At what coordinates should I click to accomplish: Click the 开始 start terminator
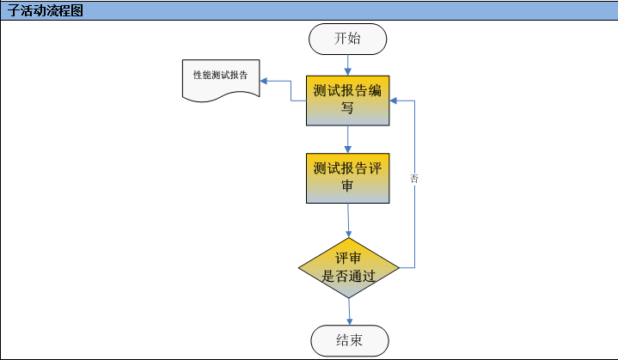click(x=348, y=39)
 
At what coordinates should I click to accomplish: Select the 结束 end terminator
click(x=349, y=341)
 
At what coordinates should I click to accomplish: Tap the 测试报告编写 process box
click(x=348, y=101)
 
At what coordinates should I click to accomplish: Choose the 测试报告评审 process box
click(x=348, y=178)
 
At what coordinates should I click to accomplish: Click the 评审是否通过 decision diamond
click(x=349, y=268)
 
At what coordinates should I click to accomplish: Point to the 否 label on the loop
click(x=414, y=179)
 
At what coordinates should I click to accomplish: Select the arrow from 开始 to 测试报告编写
click(x=348, y=64)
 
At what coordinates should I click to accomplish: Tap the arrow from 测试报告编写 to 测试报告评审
click(x=348, y=139)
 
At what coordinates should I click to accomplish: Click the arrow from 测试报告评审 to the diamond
click(x=348, y=221)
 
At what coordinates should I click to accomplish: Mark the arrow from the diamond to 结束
click(x=349, y=311)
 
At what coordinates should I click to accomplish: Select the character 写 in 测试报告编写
click(x=348, y=109)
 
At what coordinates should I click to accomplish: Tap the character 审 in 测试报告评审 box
click(x=348, y=186)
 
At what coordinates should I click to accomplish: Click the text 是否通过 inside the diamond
click(x=349, y=277)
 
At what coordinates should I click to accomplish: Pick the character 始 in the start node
click(x=357, y=39)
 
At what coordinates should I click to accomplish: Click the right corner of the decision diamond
click(x=399, y=268)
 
